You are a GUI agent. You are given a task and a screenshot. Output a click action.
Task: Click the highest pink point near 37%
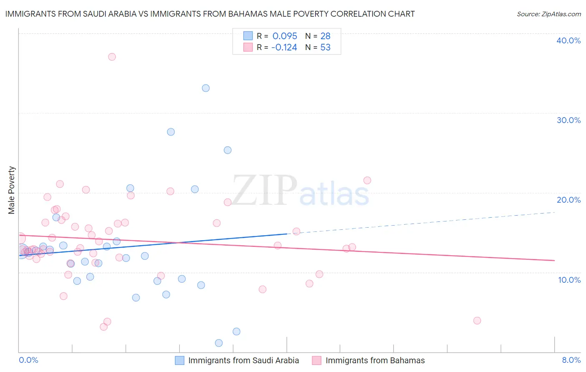112,57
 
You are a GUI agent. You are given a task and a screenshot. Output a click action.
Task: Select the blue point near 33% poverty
205,88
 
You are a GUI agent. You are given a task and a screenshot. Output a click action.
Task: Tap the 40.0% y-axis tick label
568,40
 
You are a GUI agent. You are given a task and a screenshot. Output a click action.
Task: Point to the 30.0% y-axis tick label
568,120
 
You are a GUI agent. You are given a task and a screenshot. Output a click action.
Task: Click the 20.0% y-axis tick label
568,200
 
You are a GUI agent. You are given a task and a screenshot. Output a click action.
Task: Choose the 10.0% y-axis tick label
569,280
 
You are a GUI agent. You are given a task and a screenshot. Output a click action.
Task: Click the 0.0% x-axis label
28,360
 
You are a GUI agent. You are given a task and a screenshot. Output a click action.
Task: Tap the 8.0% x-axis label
571,360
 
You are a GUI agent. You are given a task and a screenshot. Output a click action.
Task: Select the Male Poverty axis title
12,190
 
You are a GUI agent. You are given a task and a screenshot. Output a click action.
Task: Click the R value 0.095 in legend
285,36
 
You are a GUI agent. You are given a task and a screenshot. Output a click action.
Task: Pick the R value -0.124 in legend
284,48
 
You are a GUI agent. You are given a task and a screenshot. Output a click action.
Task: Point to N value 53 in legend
325,48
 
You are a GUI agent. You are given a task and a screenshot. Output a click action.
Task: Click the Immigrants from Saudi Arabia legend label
243,361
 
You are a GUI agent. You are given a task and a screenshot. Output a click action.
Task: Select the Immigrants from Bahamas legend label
375,361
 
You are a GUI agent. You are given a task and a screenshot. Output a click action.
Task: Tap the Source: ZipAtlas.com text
548,14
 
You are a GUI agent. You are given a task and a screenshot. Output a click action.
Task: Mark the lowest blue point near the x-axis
219,343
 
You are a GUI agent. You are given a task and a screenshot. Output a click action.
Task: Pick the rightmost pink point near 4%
477,321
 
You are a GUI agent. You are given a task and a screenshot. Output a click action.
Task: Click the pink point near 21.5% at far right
367,181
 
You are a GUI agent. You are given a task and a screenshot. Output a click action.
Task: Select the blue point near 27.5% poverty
171,132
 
